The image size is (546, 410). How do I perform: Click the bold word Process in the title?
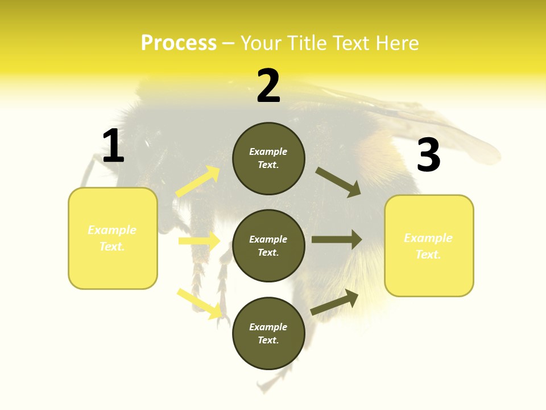pyautogui.click(x=179, y=43)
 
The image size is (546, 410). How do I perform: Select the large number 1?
pyautogui.click(x=113, y=146)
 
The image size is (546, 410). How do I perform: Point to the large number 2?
pyautogui.click(x=268, y=86)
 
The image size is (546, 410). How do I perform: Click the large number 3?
pyautogui.click(x=428, y=155)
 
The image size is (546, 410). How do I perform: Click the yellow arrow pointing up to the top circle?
pyautogui.click(x=198, y=182)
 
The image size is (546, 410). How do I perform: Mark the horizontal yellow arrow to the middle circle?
pyautogui.click(x=199, y=241)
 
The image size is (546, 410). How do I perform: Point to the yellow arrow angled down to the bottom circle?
pyautogui.click(x=200, y=304)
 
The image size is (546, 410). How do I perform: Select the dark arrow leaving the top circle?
pyautogui.click(x=338, y=182)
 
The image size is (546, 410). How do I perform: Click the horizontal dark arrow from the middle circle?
pyautogui.click(x=336, y=239)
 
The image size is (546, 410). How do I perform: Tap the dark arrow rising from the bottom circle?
pyautogui.click(x=334, y=302)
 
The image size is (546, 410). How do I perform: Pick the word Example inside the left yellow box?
pyautogui.click(x=112, y=230)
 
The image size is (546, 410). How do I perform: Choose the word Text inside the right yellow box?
pyautogui.click(x=428, y=255)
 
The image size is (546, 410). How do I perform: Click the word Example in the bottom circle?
pyautogui.click(x=268, y=327)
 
